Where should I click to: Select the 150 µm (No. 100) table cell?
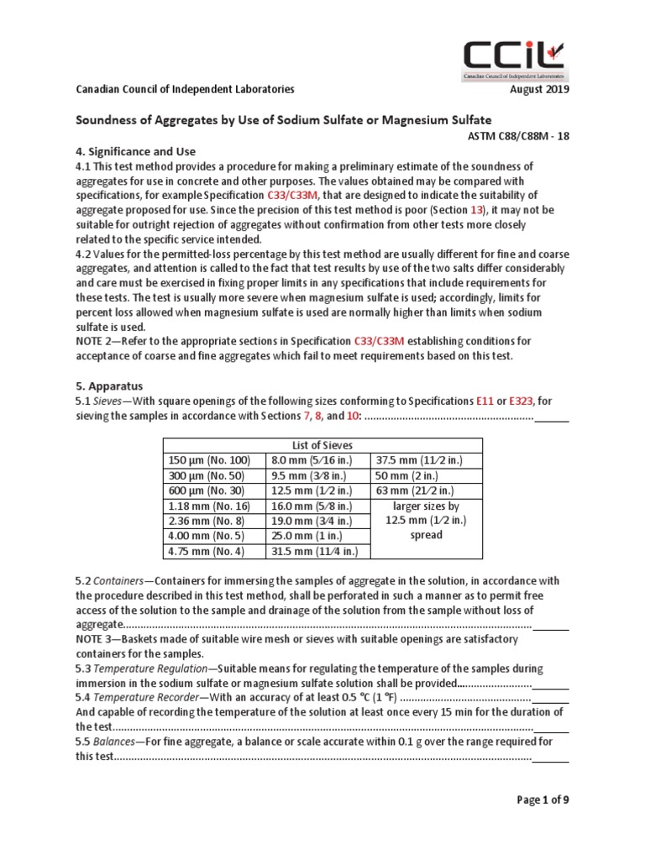pos(210,460)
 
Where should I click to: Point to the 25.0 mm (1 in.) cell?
pos(305,536)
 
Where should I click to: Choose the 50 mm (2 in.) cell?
pos(401,475)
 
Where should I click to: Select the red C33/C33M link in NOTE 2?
pos(378,341)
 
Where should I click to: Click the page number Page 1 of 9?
pos(542,800)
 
